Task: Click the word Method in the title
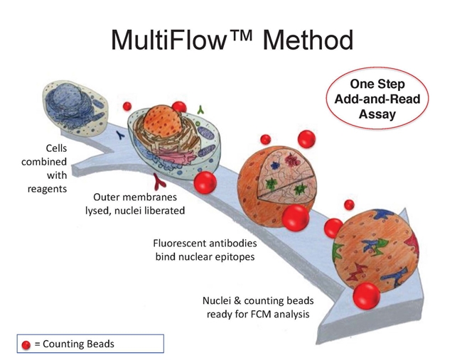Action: click(x=308, y=40)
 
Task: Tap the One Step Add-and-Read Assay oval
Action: click(x=377, y=98)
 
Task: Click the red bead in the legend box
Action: click(x=26, y=344)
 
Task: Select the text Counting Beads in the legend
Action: click(x=78, y=344)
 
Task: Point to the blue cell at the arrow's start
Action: click(x=75, y=109)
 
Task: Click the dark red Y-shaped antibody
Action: click(x=159, y=182)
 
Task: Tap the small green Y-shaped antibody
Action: click(x=201, y=110)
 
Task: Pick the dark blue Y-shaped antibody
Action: click(x=121, y=135)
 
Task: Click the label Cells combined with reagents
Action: click(x=44, y=168)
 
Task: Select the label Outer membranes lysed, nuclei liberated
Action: click(x=135, y=204)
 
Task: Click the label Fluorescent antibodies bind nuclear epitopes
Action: click(x=205, y=250)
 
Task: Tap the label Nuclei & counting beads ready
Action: click(x=258, y=307)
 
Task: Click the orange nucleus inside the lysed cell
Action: click(x=161, y=120)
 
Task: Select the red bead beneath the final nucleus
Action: click(x=366, y=296)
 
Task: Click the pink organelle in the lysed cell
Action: click(x=174, y=156)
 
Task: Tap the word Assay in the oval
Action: click(x=377, y=114)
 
